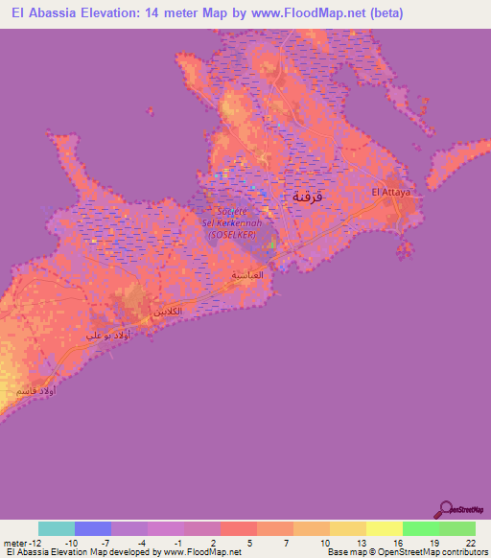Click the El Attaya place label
pos(390,193)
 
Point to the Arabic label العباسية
pos(247,274)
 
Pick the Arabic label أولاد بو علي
pos(107,335)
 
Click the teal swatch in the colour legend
pos(57,528)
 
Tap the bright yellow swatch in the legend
pos(384,528)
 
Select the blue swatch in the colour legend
pos(93,528)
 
